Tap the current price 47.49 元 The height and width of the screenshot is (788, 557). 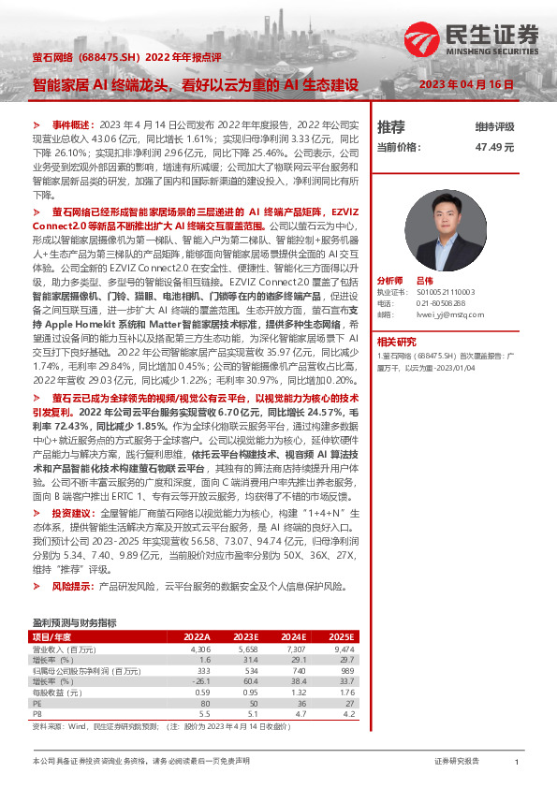[x=495, y=147]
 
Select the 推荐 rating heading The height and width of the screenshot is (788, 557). [x=390, y=126]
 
